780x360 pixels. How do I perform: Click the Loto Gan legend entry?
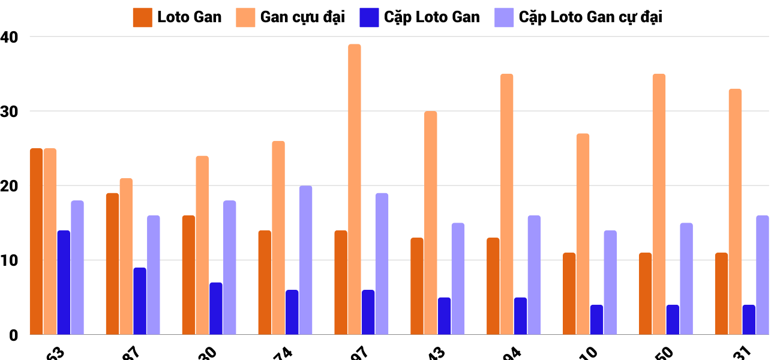click(x=178, y=17)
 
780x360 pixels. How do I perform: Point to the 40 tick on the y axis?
click(x=10, y=37)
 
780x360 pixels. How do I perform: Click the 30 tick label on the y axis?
click(x=10, y=112)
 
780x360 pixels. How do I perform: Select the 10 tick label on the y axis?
click(x=10, y=260)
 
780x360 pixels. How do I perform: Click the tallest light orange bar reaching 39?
click(x=355, y=189)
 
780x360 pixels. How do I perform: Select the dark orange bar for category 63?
click(x=37, y=241)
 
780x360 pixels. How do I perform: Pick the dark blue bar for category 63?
click(x=64, y=282)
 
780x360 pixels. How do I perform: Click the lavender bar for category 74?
click(x=305, y=260)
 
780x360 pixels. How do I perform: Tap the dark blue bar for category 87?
click(x=140, y=301)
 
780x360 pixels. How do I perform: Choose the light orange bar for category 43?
click(x=431, y=223)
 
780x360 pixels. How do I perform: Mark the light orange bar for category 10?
click(x=583, y=234)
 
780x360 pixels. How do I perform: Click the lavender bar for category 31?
click(x=762, y=275)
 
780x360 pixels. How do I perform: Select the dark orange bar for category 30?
click(x=188, y=275)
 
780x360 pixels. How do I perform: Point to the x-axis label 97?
click(x=358, y=353)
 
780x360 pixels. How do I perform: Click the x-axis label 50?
click(x=662, y=353)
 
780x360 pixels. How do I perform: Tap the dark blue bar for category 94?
click(x=520, y=316)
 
